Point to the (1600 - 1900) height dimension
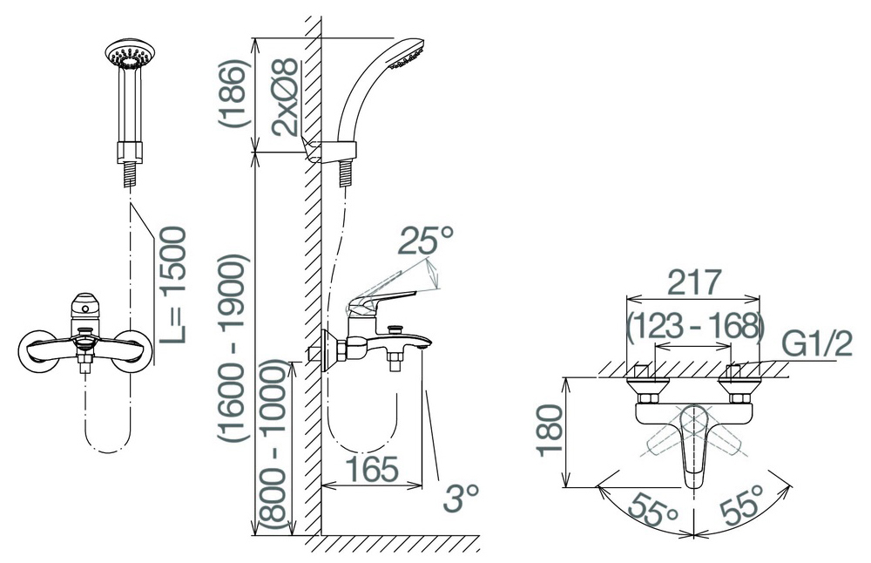pyautogui.click(x=231, y=349)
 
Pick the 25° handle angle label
pyautogui.click(x=426, y=240)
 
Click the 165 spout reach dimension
pyautogui.click(x=372, y=469)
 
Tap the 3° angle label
pyautogui.click(x=461, y=498)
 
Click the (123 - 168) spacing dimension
pyautogui.click(x=695, y=326)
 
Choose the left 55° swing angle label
pyautogui.click(x=653, y=507)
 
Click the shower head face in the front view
pyautogui.click(x=130, y=54)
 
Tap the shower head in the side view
pyautogui.click(x=407, y=53)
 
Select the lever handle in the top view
pyautogui.click(x=693, y=445)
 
